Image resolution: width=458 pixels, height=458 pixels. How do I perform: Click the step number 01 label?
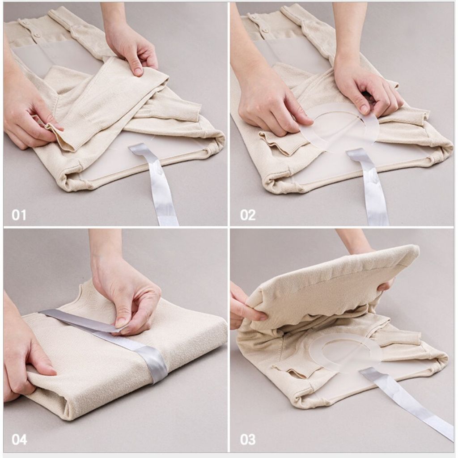click(19, 215)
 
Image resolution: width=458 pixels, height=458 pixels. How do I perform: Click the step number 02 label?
click(248, 215)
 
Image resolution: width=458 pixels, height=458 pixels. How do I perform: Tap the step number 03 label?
click(248, 440)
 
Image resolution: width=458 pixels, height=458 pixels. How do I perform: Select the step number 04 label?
click(19, 440)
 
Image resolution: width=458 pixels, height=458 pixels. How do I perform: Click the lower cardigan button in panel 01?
click(37, 35)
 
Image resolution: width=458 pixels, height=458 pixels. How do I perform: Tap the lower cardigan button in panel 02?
click(266, 30)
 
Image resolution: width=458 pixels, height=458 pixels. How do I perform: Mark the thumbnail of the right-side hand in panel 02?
click(364, 109)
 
